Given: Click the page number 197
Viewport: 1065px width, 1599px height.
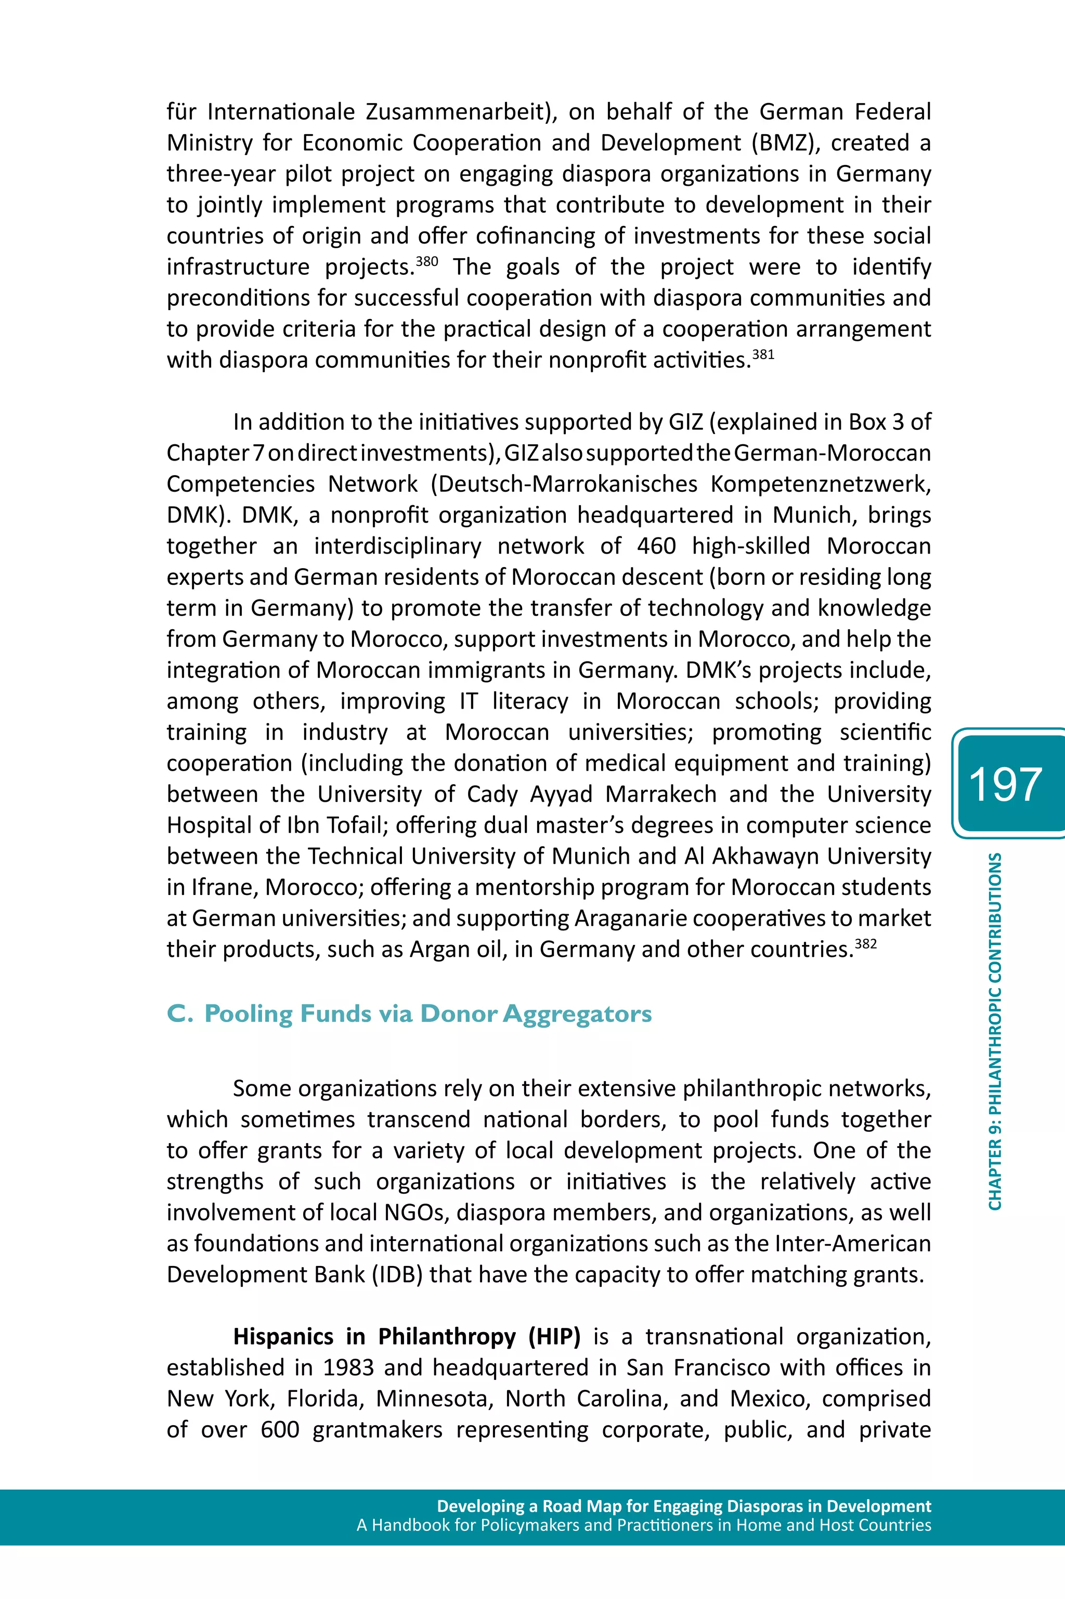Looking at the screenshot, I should point(1005,785).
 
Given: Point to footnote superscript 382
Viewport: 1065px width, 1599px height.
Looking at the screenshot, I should point(865,943).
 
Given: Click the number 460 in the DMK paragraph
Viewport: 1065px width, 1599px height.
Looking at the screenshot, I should point(656,546).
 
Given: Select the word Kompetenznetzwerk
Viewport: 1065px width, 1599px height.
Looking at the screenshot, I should point(820,484).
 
